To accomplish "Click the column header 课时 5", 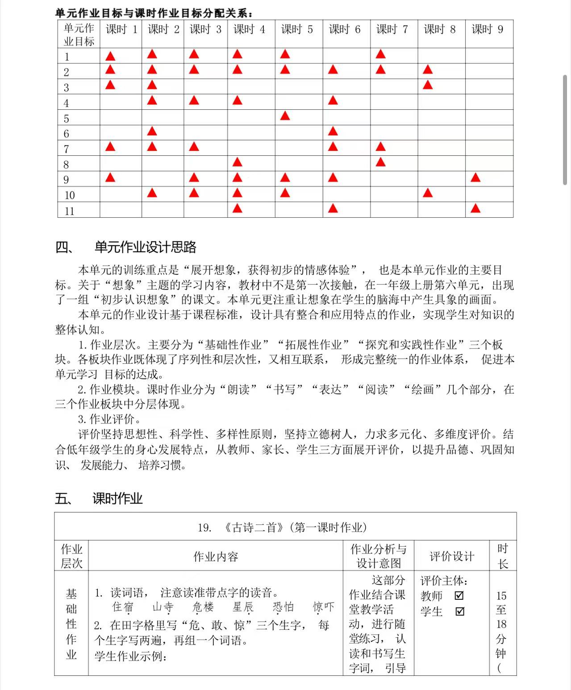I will click(x=297, y=30).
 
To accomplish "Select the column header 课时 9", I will click(x=488, y=30).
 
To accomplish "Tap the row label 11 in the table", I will click(x=69, y=211).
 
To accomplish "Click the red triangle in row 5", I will click(x=285, y=116).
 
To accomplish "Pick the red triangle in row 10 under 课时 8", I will click(x=428, y=193).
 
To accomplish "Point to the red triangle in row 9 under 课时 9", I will click(x=475, y=178).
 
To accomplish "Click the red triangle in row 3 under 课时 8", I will click(x=428, y=85).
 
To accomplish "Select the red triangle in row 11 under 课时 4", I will click(x=237, y=208).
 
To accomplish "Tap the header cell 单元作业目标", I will click(x=79, y=35).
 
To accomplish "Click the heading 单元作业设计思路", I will click(x=146, y=247).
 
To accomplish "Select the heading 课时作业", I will click(x=117, y=499).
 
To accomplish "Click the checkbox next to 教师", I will click(x=459, y=596).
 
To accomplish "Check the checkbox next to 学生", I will click(x=459, y=611).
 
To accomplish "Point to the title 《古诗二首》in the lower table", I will click(x=254, y=528).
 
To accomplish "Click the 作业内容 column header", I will click(x=216, y=557).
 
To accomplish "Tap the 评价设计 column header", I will click(x=452, y=557).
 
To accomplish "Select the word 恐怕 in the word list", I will click(x=283, y=607).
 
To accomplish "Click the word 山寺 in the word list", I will click(x=163, y=607).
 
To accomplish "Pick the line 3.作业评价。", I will click(x=110, y=419).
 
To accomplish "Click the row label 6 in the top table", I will click(x=67, y=134).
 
